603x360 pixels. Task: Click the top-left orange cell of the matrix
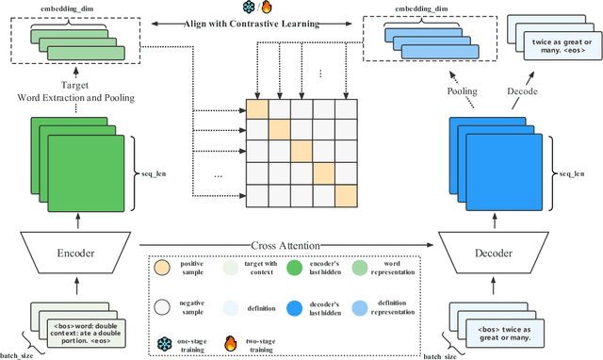click(257, 108)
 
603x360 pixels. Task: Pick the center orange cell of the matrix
click(301, 152)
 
